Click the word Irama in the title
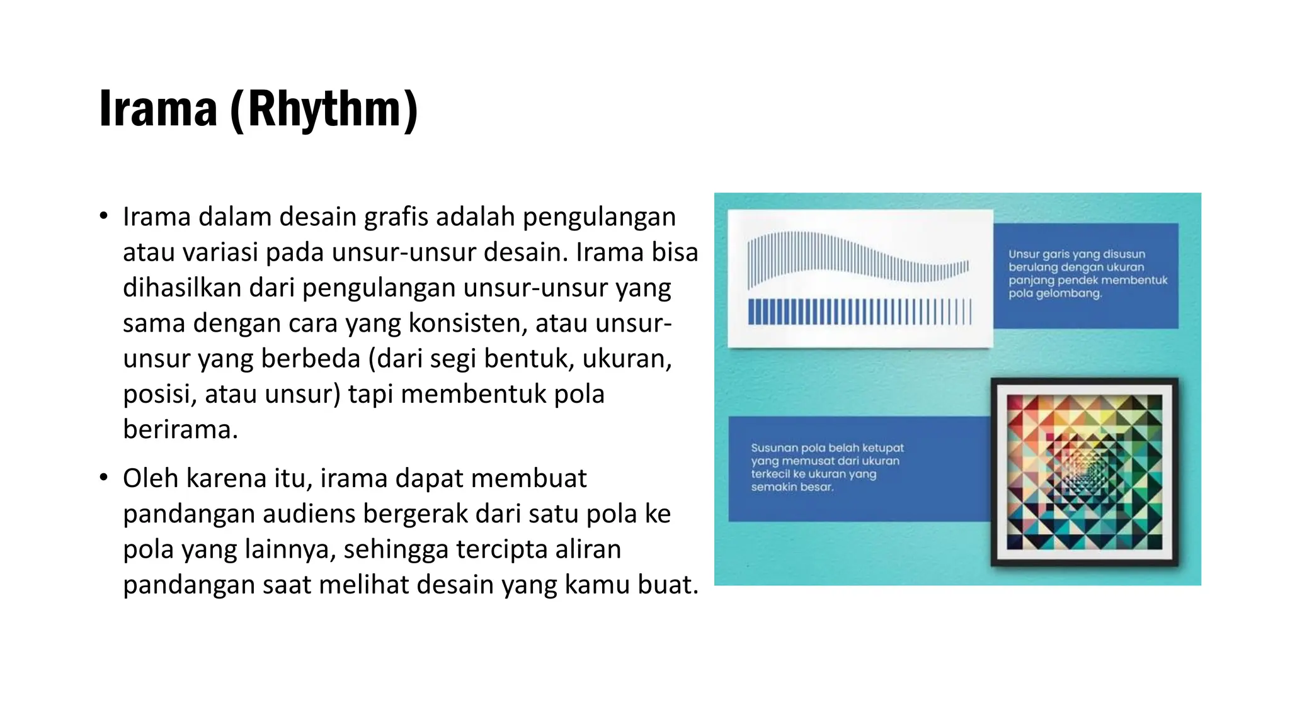click(x=158, y=110)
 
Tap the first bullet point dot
click(x=104, y=216)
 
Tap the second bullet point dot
click(x=104, y=478)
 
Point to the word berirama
click(x=180, y=429)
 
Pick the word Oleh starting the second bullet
click(x=151, y=478)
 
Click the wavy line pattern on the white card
click(x=858, y=258)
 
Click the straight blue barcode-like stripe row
click(x=859, y=312)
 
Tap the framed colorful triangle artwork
click(x=1084, y=472)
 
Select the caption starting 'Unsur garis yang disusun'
click(x=1087, y=274)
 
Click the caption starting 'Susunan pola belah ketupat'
click(x=826, y=467)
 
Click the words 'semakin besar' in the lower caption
click(x=791, y=487)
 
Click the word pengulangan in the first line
click(x=599, y=216)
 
